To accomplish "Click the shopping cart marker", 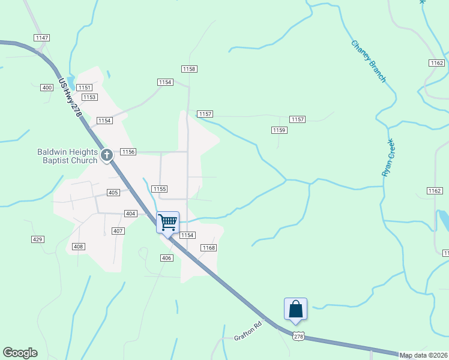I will pos(168,222).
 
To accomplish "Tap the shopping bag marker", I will pos(295,309).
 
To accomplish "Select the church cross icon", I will pos(107,156).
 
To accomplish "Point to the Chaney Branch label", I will pos(368,62).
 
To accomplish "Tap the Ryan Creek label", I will pos(388,157).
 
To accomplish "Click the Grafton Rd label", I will pos(249,332).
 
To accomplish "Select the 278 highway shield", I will pos(299,337).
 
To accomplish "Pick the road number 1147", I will pos(42,38).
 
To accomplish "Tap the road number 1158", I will pos(189,69).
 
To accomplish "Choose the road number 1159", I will pos(279,130).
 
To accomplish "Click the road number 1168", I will pos(208,248).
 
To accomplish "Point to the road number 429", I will pos(38,239).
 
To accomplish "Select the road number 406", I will pos(167,257).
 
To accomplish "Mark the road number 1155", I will pos(159,189).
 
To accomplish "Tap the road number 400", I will pos(47,88).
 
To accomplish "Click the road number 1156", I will pos(128,152).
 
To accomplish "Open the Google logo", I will pos(20,353).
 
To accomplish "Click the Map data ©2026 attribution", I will pos(423,355).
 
